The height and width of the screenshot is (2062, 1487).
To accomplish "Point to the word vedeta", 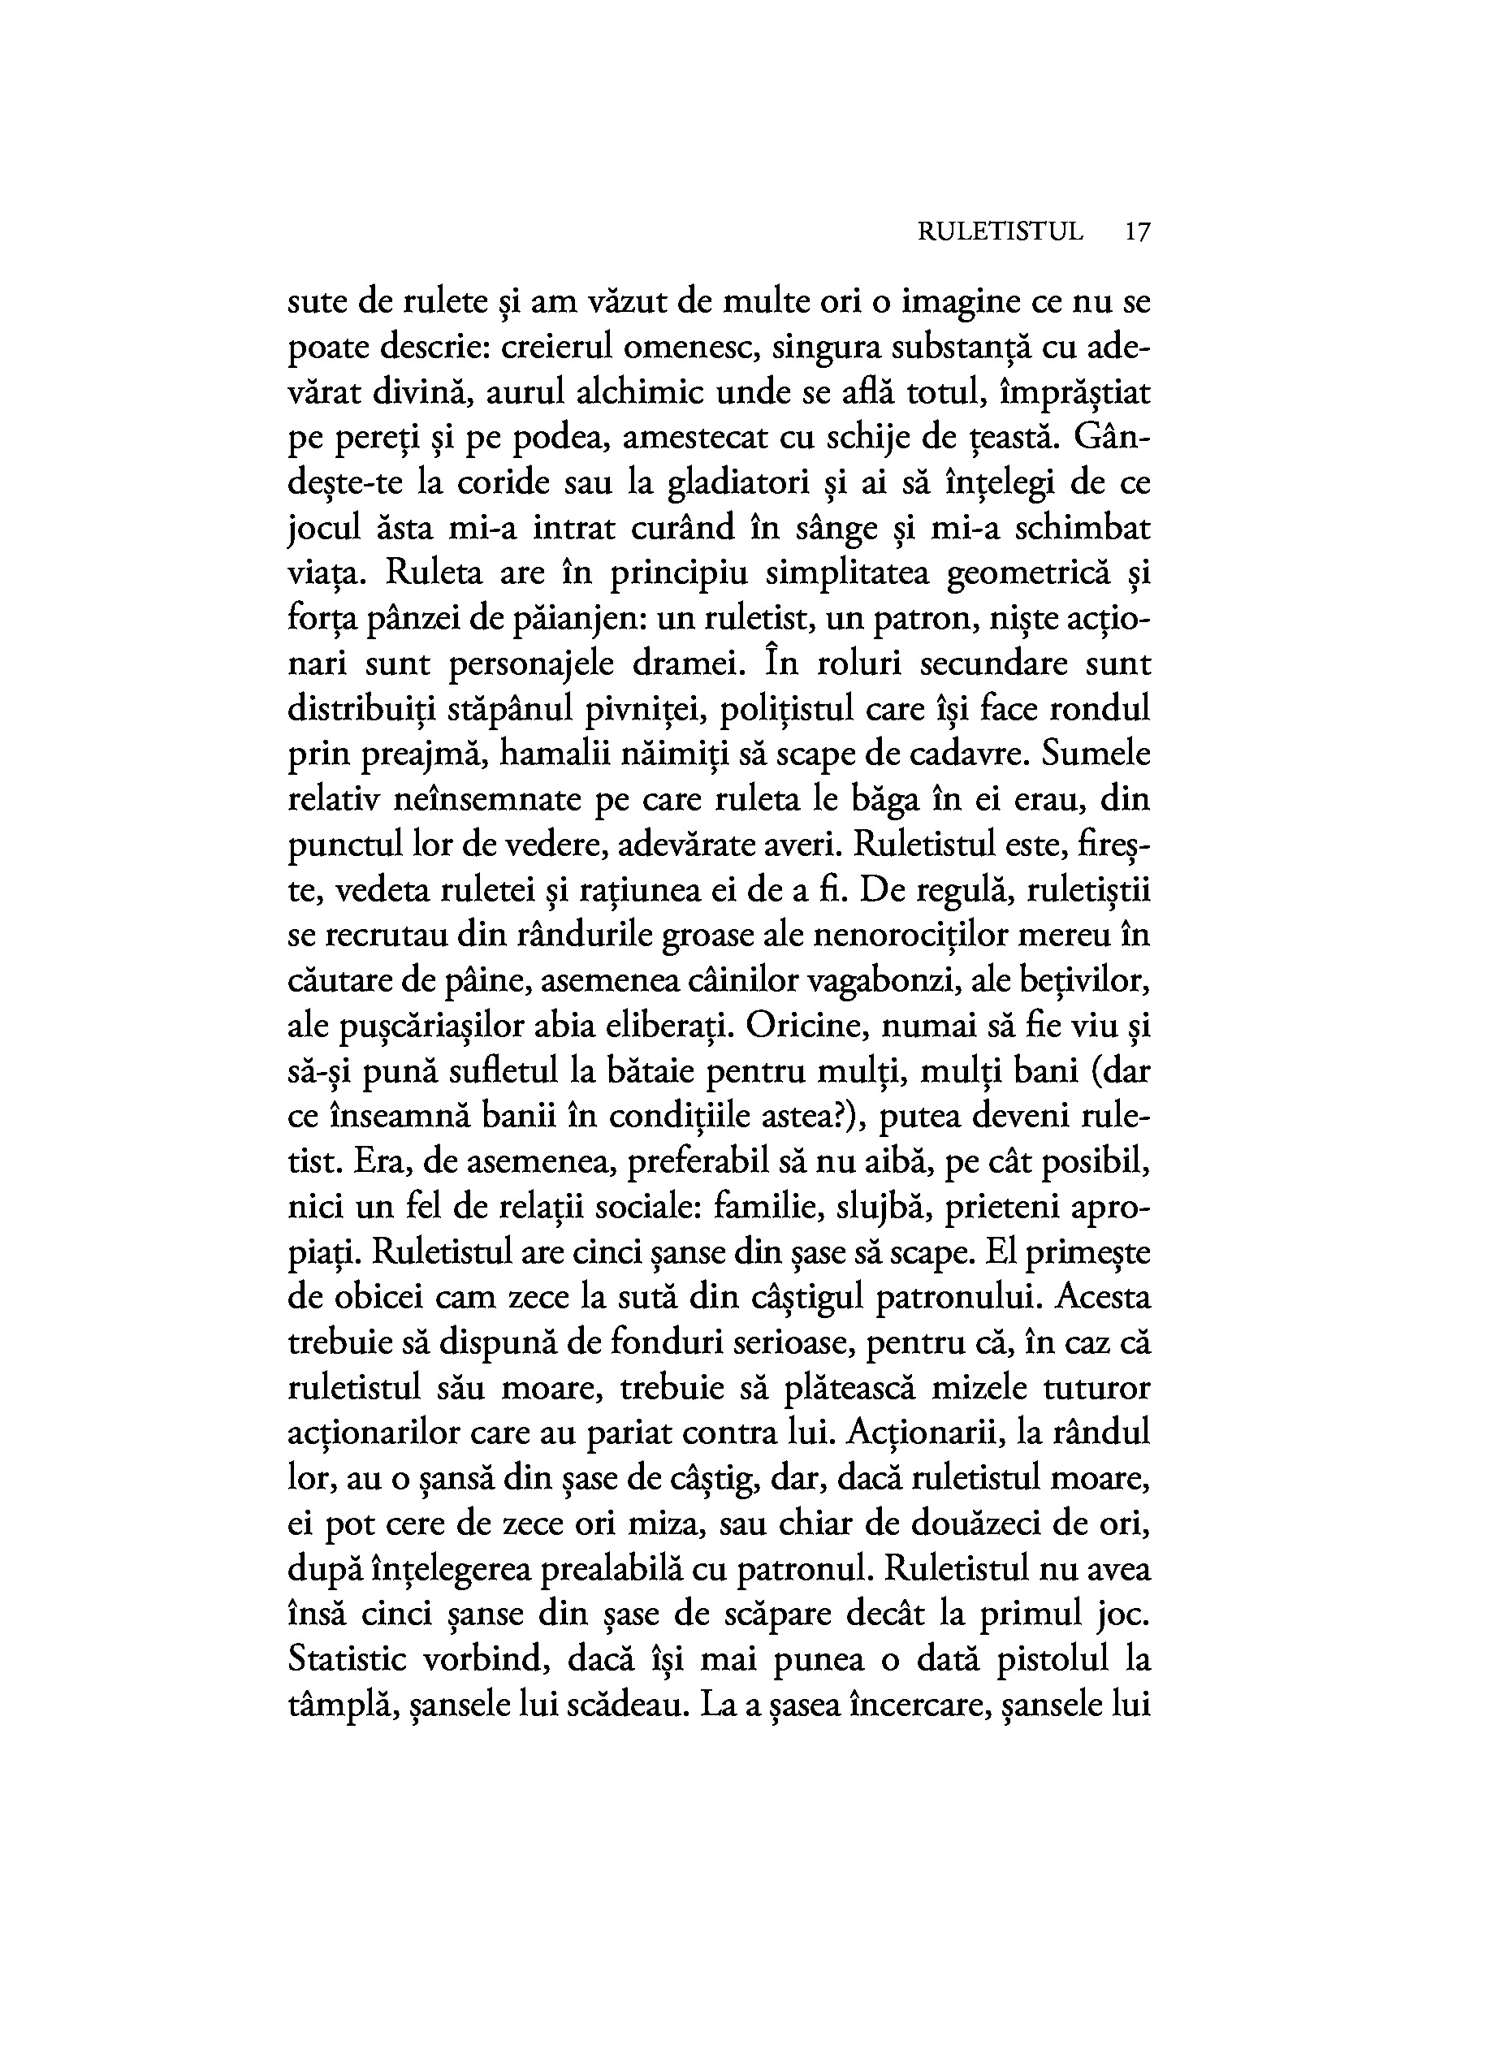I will point(382,891).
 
